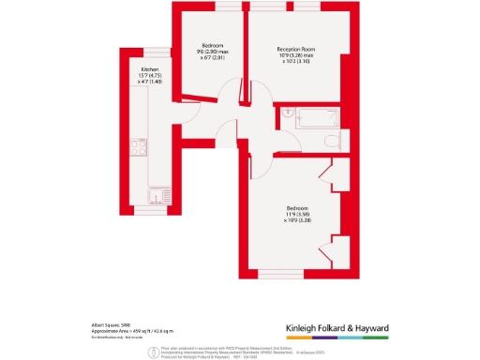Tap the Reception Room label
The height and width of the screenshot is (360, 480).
coord(298,50)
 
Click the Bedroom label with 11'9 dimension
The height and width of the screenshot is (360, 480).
coord(298,208)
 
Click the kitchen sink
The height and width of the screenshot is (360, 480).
coord(151,197)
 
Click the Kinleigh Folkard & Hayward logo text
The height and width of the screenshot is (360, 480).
coord(349,327)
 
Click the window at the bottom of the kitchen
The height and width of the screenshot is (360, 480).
coord(150,228)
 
